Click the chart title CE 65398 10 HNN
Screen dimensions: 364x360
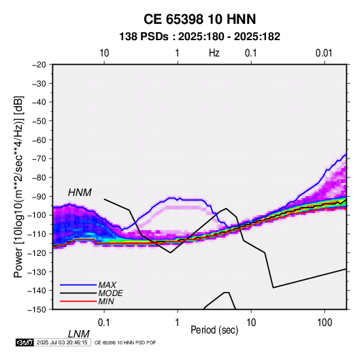[199, 19]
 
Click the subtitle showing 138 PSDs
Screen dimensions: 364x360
[199, 37]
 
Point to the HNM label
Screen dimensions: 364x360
[80, 193]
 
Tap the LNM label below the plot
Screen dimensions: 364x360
[79, 334]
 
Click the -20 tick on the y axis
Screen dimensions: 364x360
[39, 65]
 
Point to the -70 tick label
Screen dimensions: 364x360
[39, 159]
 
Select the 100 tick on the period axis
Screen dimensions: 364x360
[325, 323]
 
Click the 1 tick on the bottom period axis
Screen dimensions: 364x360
[178, 323]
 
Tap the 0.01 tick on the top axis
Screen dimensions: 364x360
[324, 53]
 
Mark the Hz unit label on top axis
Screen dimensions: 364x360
[214, 53]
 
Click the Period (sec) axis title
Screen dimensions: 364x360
[214, 330]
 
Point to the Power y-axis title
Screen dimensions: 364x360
[18, 186]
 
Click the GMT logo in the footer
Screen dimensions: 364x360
[25, 342]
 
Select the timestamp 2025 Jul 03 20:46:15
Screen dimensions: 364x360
[62, 342]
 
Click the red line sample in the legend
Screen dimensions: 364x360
[78, 301]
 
